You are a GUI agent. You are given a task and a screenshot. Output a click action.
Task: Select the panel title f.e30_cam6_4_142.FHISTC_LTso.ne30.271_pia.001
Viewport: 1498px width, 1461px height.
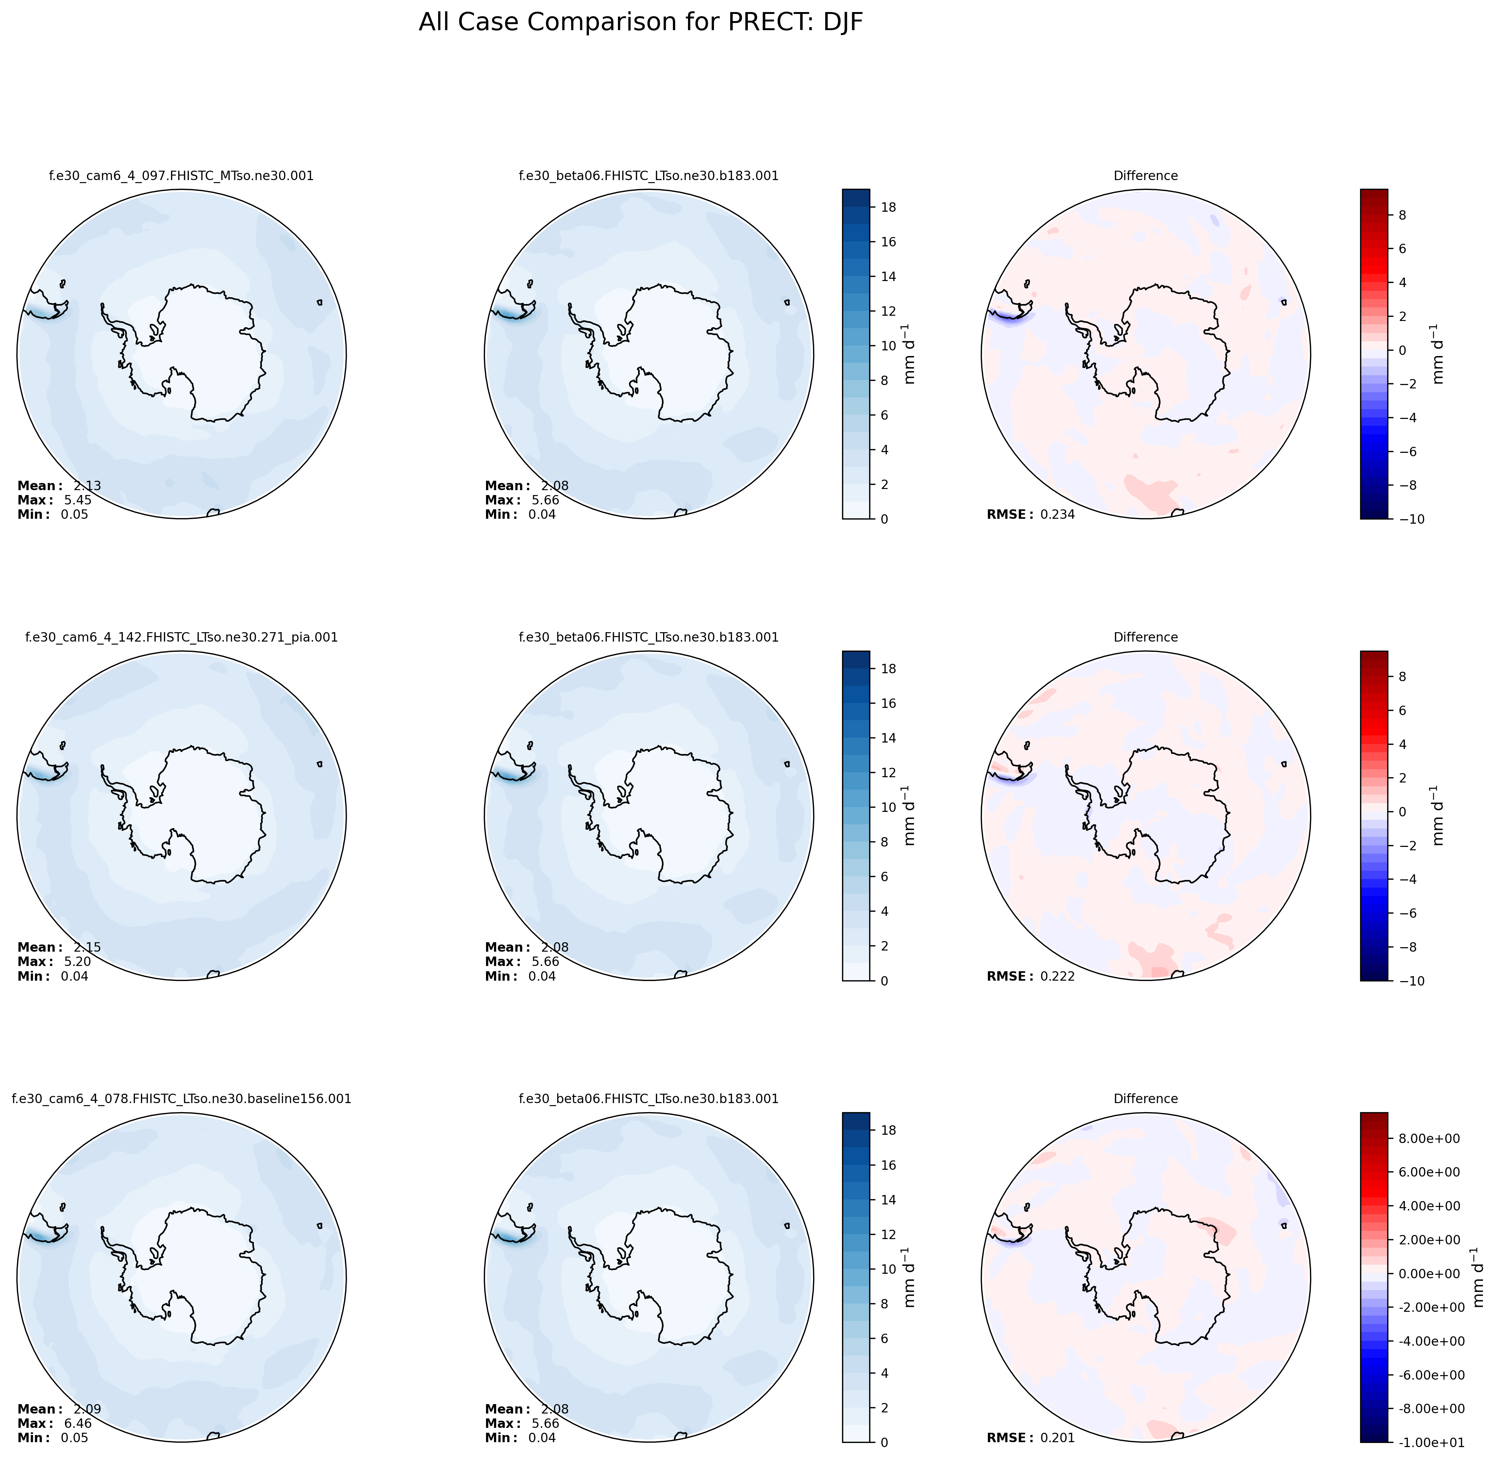181,637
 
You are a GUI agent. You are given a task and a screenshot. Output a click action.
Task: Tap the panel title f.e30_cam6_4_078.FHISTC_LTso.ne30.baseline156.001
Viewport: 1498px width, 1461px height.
181,1099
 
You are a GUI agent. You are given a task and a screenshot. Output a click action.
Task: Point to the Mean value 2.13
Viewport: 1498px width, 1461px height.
87,486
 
